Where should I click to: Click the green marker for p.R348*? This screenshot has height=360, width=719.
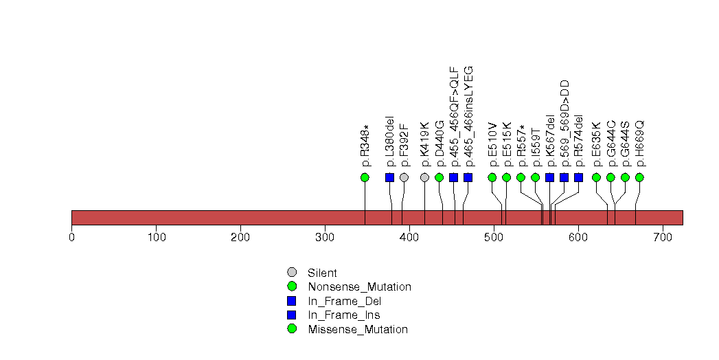pyautogui.click(x=365, y=177)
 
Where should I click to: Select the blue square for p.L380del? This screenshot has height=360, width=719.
pyautogui.click(x=390, y=177)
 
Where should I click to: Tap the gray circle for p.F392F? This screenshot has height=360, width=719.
pyautogui.click(x=404, y=177)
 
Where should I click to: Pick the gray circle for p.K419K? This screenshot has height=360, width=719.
pyautogui.click(x=424, y=177)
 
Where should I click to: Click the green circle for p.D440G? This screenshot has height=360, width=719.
pyautogui.click(x=439, y=177)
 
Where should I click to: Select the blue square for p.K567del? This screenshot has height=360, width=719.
pyautogui.click(x=549, y=177)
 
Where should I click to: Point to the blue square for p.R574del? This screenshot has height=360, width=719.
pyautogui.click(x=578, y=177)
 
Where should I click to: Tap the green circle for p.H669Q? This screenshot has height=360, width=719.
pyautogui.click(x=639, y=177)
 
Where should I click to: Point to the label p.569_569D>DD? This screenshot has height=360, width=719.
pyautogui.click(x=564, y=124)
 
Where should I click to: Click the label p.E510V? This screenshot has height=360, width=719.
pyautogui.click(x=492, y=145)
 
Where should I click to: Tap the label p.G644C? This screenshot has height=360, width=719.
pyautogui.click(x=610, y=144)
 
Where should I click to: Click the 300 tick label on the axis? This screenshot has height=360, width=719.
pyautogui.click(x=325, y=237)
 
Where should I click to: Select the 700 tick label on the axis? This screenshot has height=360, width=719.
pyautogui.click(x=663, y=237)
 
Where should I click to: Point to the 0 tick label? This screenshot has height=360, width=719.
pyautogui.click(x=72, y=237)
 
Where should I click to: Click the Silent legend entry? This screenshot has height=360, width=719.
pyautogui.click(x=322, y=273)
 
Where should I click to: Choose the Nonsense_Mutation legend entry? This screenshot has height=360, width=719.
pyautogui.click(x=359, y=286)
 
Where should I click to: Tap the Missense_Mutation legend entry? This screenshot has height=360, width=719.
pyautogui.click(x=357, y=329)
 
